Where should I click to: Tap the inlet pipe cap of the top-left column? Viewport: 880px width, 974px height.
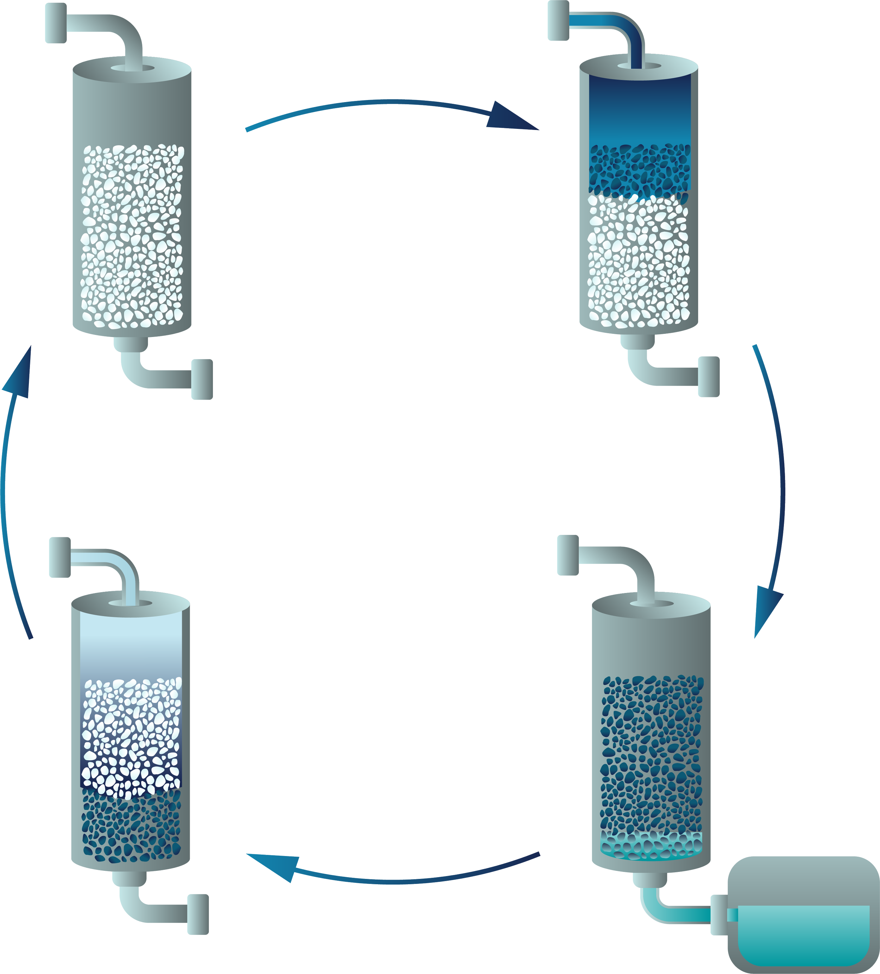click(x=56, y=23)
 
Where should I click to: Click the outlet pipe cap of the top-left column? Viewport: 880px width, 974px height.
click(x=202, y=379)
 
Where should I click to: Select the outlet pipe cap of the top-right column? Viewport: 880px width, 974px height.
click(x=709, y=377)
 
